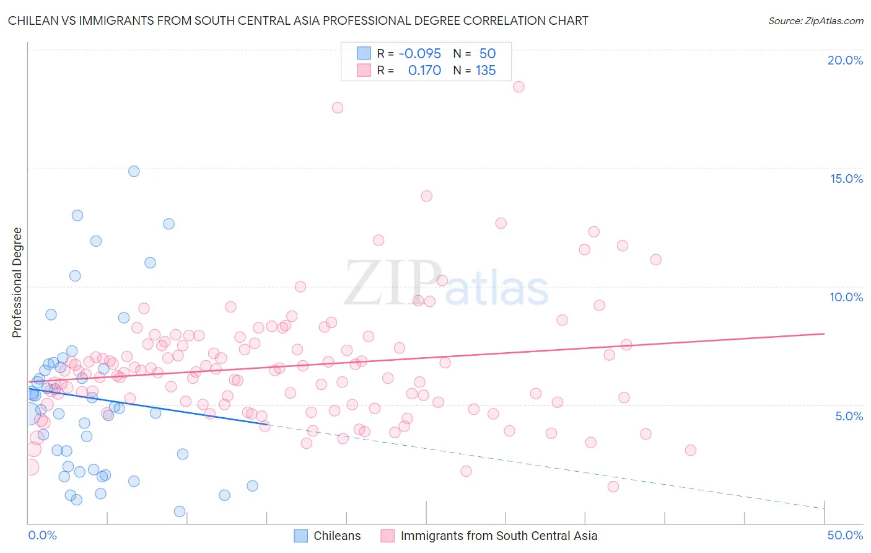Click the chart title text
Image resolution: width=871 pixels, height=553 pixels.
point(298,20)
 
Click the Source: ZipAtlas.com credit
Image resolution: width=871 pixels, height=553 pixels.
point(815,20)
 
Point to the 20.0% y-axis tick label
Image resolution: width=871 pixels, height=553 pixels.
point(845,60)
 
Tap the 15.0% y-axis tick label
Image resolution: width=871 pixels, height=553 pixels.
point(846,179)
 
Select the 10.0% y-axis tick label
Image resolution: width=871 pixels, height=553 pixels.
point(846,297)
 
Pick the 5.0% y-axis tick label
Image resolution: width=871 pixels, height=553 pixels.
point(849,416)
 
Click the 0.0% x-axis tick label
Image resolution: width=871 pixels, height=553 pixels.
point(42,535)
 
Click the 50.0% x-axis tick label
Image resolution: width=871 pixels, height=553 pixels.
point(845,535)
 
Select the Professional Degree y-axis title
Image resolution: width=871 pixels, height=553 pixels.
point(17,283)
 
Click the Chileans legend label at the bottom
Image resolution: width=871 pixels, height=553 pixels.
point(337,536)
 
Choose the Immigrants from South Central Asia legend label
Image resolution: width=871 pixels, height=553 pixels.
point(499,536)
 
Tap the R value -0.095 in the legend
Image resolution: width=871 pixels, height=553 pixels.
point(419,53)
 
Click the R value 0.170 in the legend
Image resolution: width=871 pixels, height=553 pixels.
point(424,71)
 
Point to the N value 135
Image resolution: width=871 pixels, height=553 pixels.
point(486,71)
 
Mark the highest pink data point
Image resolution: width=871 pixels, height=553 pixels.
point(519,87)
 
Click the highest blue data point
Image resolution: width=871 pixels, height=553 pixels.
point(134,171)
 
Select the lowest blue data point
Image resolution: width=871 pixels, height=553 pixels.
point(180,511)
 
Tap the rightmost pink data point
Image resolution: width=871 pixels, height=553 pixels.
point(691,450)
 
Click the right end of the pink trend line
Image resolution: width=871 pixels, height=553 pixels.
point(824,334)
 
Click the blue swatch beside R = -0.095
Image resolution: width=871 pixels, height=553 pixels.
point(364,53)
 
